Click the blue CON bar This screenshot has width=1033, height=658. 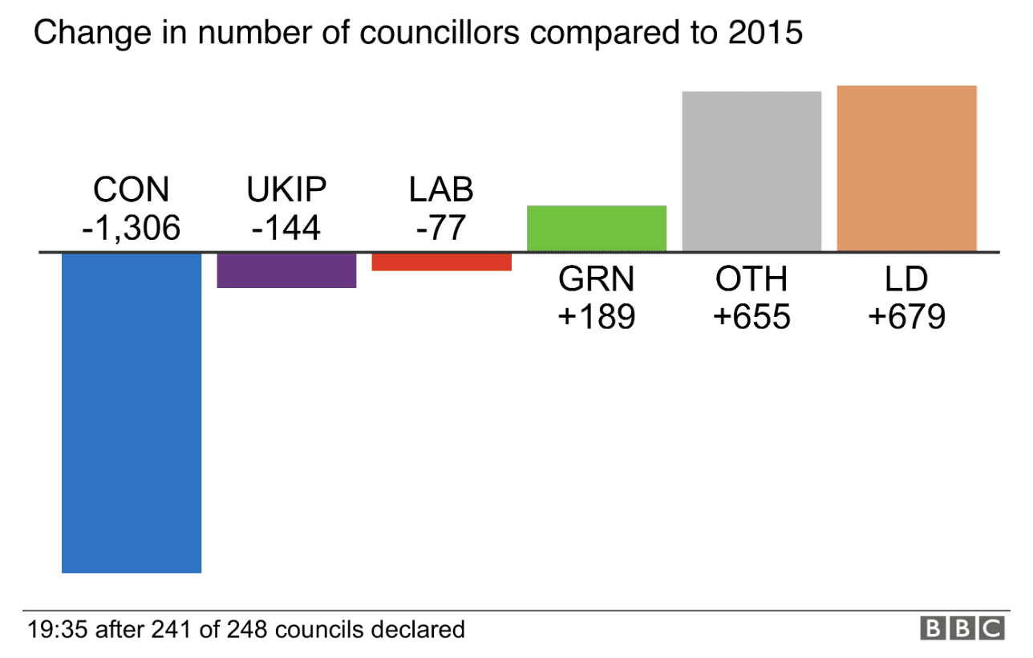(x=132, y=412)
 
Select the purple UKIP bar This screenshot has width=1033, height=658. (x=286, y=270)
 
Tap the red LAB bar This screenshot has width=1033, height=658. (x=441, y=262)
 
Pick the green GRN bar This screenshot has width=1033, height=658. (x=596, y=229)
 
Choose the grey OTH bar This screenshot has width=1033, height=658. (x=751, y=171)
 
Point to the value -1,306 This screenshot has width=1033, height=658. (x=132, y=229)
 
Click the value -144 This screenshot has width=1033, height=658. (x=286, y=229)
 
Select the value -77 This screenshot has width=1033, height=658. (x=441, y=229)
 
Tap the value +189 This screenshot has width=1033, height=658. (x=596, y=317)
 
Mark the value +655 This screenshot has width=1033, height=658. (x=751, y=317)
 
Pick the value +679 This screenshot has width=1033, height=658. (x=906, y=317)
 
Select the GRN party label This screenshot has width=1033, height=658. (x=596, y=279)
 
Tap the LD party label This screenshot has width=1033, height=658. (x=906, y=279)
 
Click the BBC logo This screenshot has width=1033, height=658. (x=962, y=628)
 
